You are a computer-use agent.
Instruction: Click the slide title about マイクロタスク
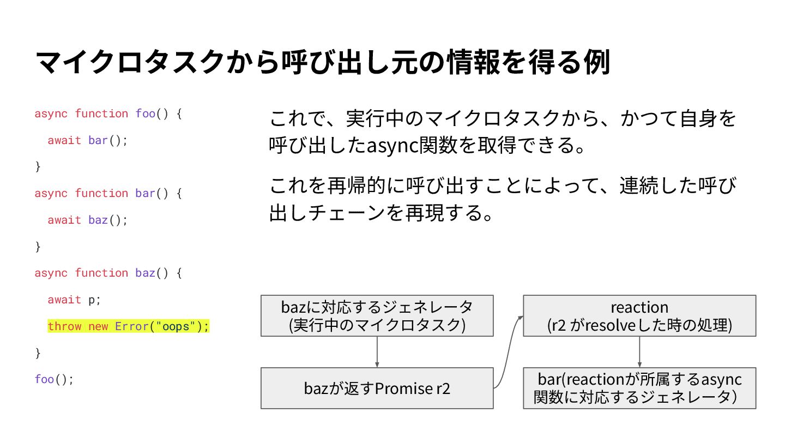[322, 63]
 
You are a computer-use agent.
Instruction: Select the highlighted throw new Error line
[128, 326]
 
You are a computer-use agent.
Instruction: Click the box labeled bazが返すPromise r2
[377, 389]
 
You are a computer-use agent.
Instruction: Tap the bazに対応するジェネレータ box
[377, 315]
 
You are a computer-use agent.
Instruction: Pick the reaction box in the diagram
[639, 315]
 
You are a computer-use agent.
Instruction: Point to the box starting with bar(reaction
[639, 387]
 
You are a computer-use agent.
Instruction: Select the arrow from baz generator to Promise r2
[377, 352]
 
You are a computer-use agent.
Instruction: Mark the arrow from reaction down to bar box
[639, 352]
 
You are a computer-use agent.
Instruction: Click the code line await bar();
[87, 140]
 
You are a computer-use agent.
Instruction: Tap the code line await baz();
[87, 220]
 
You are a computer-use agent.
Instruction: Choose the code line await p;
[74, 300]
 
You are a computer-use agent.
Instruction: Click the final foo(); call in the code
[54, 379]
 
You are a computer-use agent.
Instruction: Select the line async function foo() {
[107, 114]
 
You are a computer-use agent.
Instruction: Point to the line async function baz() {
[107, 273]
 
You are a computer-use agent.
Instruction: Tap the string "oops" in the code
[175, 326]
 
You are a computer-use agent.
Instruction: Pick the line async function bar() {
[107, 193]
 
